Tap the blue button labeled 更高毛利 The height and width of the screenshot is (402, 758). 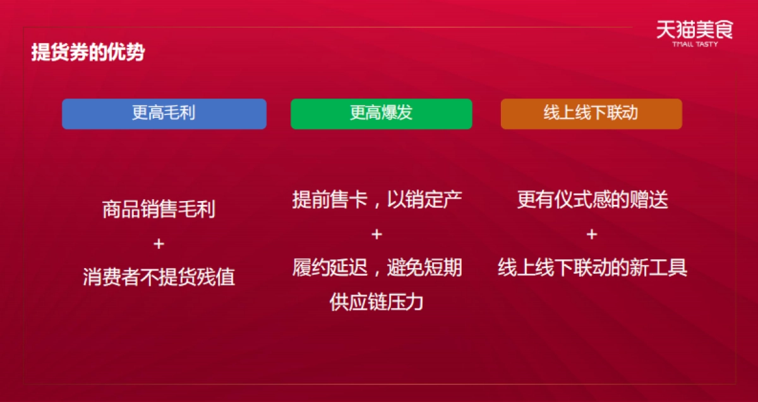coord(164,114)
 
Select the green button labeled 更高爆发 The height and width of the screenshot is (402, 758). coord(381,114)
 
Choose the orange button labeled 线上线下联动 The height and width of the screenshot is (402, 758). coord(591,114)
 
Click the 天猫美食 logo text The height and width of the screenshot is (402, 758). coord(694,29)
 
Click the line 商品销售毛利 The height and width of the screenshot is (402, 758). coord(159,209)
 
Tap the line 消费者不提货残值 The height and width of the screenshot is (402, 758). coord(159,277)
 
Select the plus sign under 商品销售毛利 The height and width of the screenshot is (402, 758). coord(159,243)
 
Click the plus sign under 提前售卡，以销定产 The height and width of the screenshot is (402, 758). coord(377,234)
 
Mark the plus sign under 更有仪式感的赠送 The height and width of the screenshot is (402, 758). coord(592,234)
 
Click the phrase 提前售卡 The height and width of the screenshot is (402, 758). coord(330,200)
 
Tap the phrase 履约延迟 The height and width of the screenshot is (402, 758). coord(330,267)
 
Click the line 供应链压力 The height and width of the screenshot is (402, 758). coord(376,301)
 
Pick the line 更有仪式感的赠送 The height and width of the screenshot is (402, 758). coord(593,200)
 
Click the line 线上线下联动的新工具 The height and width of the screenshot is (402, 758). coord(592,267)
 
